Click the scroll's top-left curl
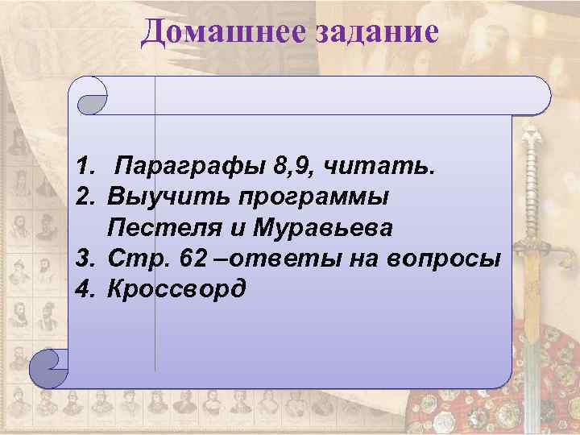(91, 96)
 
